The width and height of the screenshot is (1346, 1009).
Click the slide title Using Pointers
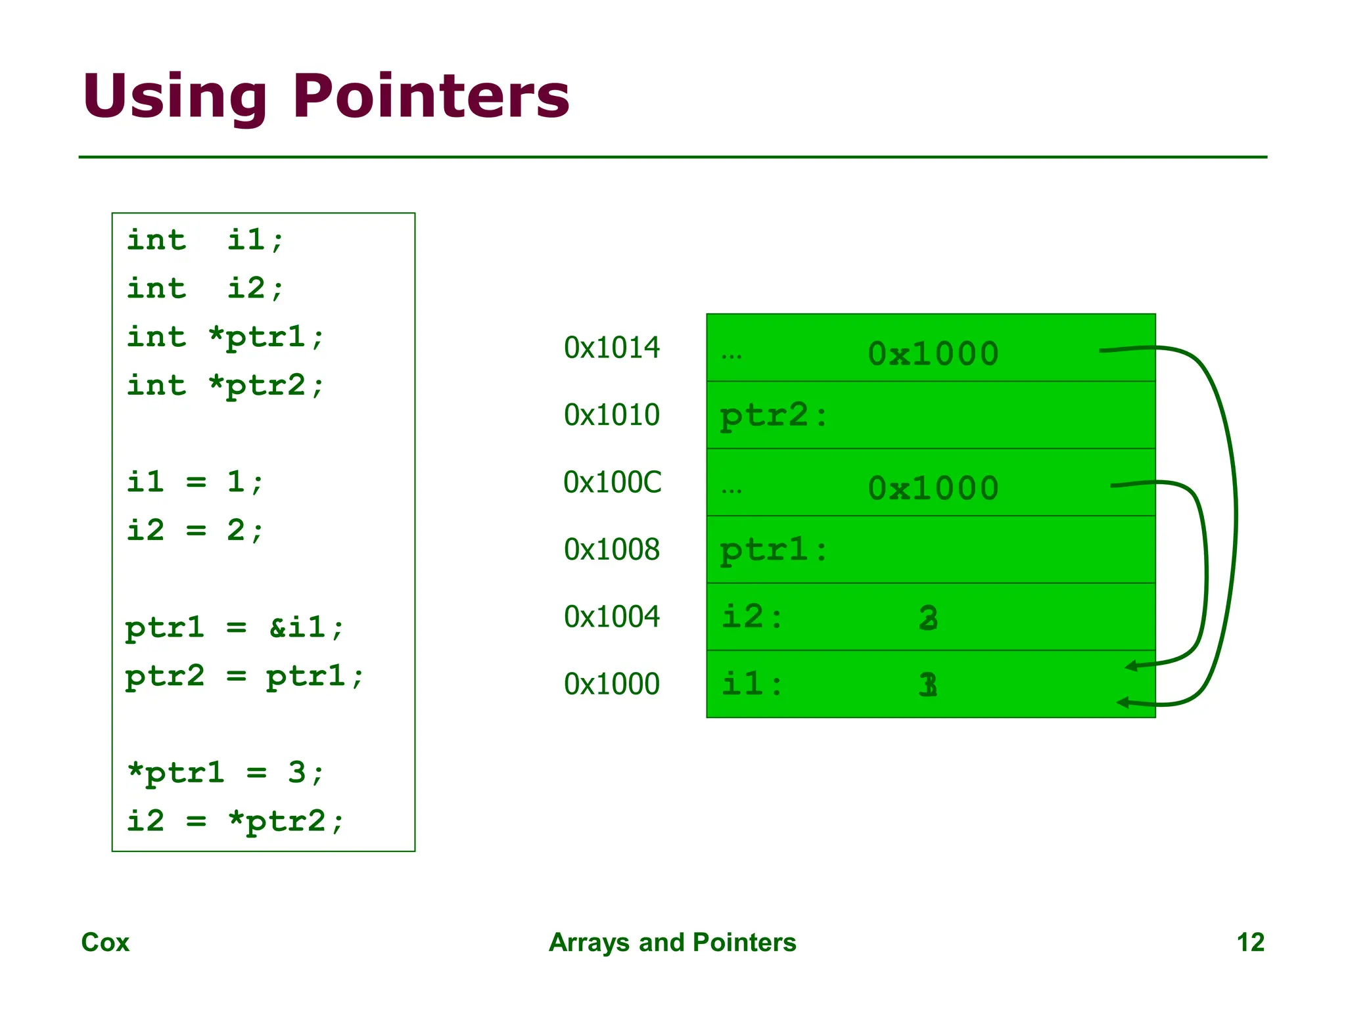point(326,97)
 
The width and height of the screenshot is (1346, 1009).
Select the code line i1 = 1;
point(195,482)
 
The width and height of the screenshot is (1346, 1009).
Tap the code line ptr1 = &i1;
point(235,627)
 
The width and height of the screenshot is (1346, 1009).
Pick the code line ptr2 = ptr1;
point(244,676)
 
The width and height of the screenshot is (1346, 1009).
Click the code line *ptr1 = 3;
point(225,773)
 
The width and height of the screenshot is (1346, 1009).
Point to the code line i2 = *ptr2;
point(235,821)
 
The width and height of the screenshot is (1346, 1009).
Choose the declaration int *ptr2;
point(225,386)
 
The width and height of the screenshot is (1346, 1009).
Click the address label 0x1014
point(611,348)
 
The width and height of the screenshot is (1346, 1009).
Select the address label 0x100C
point(612,482)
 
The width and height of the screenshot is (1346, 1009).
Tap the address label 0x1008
point(611,549)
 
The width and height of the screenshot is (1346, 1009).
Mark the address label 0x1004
point(611,616)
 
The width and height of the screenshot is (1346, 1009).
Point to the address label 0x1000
point(611,684)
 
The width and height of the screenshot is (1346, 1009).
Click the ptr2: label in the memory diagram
point(774,416)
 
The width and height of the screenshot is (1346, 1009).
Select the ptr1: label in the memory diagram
point(774,550)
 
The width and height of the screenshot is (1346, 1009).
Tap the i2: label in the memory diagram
point(753,617)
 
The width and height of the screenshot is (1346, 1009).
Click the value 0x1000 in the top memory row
point(933,354)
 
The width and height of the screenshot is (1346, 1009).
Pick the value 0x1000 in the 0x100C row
point(933,489)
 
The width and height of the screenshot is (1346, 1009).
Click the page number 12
point(1250,942)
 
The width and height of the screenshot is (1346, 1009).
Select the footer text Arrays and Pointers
point(672,942)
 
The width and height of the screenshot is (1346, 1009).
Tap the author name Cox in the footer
point(105,942)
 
